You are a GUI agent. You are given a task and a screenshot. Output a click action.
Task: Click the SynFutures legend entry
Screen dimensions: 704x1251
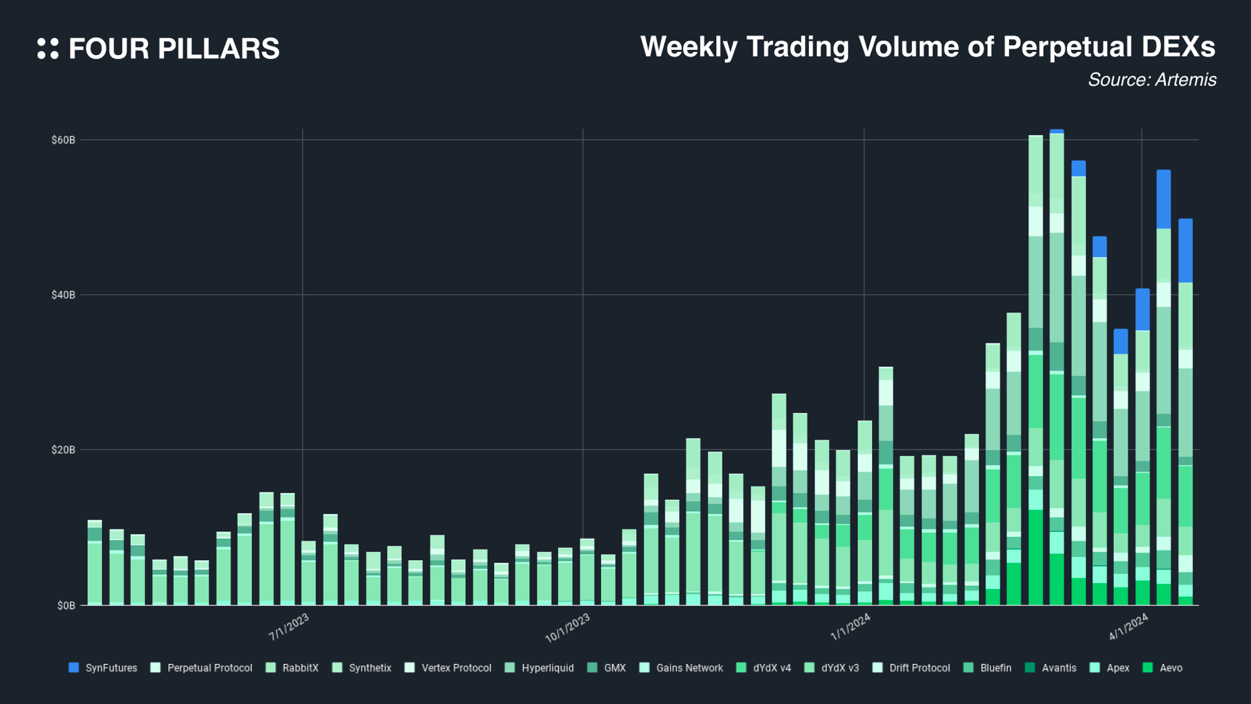(x=103, y=668)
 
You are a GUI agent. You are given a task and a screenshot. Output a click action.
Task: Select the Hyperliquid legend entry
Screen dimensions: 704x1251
(x=540, y=668)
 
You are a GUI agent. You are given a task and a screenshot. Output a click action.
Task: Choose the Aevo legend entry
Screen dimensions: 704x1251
(x=1163, y=668)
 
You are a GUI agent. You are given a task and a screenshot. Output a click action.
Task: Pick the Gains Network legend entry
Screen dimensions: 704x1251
(x=682, y=668)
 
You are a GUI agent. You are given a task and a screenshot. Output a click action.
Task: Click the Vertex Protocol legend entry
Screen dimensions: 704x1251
(x=448, y=668)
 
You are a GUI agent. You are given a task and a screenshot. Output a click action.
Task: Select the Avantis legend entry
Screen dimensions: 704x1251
(x=1051, y=668)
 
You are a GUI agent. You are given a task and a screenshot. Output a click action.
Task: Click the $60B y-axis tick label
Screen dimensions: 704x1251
(x=63, y=140)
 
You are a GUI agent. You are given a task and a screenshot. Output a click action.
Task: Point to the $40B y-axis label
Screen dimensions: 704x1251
(x=63, y=295)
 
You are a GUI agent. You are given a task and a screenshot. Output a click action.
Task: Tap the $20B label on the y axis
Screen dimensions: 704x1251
(x=63, y=450)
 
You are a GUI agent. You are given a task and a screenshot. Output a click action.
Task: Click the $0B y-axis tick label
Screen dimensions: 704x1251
(x=66, y=605)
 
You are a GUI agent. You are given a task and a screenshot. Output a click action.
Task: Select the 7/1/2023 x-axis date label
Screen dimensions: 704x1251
(x=289, y=627)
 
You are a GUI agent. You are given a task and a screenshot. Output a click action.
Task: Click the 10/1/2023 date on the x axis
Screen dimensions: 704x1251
(x=568, y=628)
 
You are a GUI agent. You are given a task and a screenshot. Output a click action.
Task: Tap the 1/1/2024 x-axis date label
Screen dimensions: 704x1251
(x=850, y=627)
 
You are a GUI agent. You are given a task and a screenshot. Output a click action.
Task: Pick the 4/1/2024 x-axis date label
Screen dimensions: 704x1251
(x=1128, y=626)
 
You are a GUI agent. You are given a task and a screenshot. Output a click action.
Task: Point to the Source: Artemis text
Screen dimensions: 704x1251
(x=1152, y=80)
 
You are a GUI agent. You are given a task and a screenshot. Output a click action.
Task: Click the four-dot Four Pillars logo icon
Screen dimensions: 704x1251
(x=48, y=49)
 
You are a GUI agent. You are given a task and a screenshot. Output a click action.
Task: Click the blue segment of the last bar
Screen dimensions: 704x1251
(x=1185, y=250)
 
